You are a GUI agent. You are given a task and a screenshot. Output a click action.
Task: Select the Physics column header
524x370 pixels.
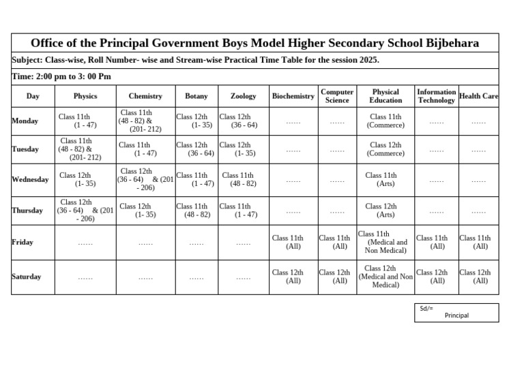click(x=85, y=97)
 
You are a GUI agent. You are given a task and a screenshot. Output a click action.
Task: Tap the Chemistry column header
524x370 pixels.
click(x=145, y=97)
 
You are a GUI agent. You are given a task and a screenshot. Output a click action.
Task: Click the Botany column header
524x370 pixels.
click(x=196, y=97)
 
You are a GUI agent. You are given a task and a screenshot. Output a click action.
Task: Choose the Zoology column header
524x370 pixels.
click(x=244, y=97)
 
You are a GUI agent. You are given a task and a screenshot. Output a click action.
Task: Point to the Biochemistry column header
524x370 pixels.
click(x=293, y=97)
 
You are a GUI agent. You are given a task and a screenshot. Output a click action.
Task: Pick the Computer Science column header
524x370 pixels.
click(x=337, y=96)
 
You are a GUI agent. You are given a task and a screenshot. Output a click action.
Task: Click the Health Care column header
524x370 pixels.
click(x=479, y=97)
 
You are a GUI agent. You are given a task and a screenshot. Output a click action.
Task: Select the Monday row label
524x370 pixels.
click(x=25, y=121)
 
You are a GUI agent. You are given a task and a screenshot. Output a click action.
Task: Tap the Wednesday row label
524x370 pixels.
click(x=31, y=180)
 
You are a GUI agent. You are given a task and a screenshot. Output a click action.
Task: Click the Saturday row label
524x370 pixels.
click(x=27, y=277)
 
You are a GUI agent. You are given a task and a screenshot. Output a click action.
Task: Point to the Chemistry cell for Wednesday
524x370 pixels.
click(x=145, y=180)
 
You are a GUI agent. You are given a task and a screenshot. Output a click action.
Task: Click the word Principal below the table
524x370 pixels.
click(x=456, y=315)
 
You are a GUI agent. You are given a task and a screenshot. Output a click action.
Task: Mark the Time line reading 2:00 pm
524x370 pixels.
click(x=62, y=76)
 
